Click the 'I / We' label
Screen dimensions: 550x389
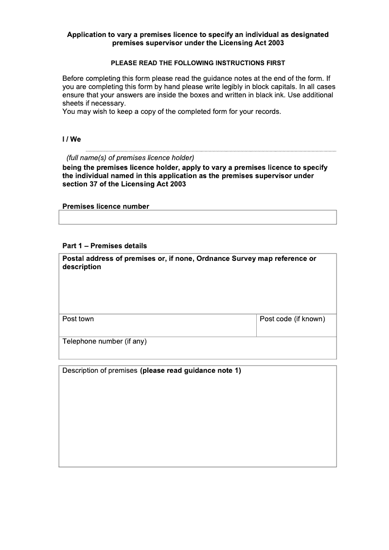click(71, 140)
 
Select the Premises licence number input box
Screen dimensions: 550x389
click(197, 217)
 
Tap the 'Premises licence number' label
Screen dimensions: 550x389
click(106, 206)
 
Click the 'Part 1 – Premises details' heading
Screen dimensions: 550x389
click(105, 246)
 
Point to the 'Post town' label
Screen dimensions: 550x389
click(78, 319)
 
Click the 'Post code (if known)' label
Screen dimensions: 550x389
click(292, 319)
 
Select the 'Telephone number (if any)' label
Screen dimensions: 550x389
click(104, 341)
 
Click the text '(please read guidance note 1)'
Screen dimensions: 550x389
click(190, 371)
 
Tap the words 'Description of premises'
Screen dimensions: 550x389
click(100, 371)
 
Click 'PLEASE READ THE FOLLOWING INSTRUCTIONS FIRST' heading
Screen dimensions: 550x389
click(198, 63)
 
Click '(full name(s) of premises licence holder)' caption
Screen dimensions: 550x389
click(130, 158)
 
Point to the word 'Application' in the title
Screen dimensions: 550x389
click(87, 35)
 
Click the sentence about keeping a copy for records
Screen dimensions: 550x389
click(172, 111)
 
